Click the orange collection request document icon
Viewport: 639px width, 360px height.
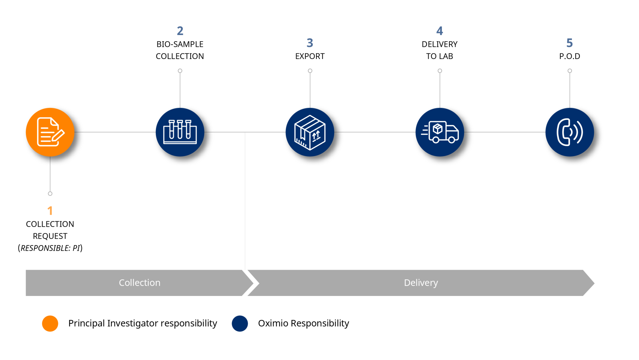pyautogui.click(x=50, y=132)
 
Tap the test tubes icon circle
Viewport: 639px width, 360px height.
pyautogui.click(x=180, y=132)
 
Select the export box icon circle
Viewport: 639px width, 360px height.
pyautogui.click(x=310, y=132)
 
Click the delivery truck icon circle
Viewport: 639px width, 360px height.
pyautogui.click(x=440, y=132)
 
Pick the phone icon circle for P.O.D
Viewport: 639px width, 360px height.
pyautogui.click(x=569, y=132)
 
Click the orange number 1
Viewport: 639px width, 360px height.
pyautogui.click(x=50, y=211)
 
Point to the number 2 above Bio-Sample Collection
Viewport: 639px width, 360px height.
pyautogui.click(x=180, y=31)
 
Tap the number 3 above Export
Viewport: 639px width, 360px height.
pyautogui.click(x=310, y=43)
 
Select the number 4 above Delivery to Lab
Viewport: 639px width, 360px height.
pyautogui.click(x=440, y=31)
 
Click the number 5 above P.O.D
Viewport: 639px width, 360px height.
pyautogui.click(x=569, y=43)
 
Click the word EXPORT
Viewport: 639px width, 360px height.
pyautogui.click(x=310, y=56)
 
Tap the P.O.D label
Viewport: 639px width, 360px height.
pyautogui.click(x=569, y=56)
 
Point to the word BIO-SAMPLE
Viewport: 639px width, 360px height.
pyautogui.click(x=180, y=44)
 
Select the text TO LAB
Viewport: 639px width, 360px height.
pyautogui.click(x=440, y=56)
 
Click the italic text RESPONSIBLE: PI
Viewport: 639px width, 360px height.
pyautogui.click(x=50, y=248)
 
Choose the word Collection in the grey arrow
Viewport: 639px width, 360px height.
pyautogui.click(x=139, y=283)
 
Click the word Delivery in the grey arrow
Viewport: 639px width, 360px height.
pyautogui.click(x=421, y=283)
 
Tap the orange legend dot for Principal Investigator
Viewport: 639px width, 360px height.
pyautogui.click(x=50, y=323)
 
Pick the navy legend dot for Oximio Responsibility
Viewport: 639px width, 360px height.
pyautogui.click(x=240, y=323)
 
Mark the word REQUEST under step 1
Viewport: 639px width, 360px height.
pyautogui.click(x=50, y=236)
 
